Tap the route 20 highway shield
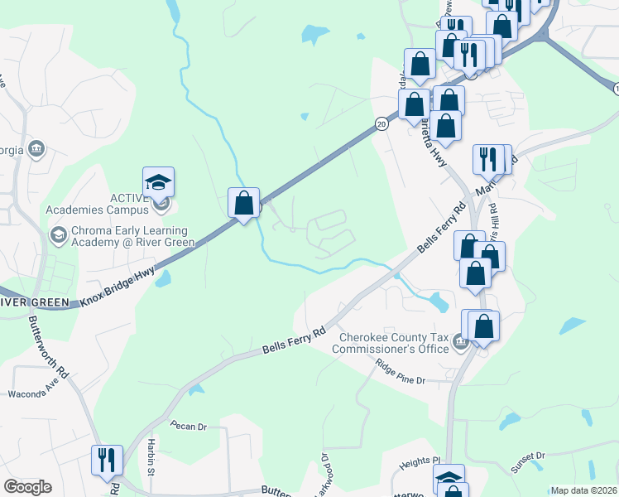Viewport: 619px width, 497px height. click(381, 123)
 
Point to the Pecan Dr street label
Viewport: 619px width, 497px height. click(187, 427)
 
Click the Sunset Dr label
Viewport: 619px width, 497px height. click(529, 461)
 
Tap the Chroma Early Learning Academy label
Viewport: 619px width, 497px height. click(125, 236)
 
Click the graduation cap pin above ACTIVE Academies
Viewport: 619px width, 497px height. click(158, 182)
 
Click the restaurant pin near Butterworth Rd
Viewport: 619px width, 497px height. click(107, 461)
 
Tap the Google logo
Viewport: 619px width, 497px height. click(27, 487)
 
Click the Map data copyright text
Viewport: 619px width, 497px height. click(584, 490)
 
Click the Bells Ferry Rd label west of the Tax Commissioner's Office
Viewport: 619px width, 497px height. click(295, 340)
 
